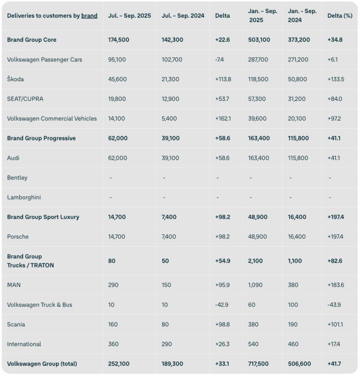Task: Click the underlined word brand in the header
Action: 89,16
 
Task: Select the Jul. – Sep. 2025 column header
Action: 129,16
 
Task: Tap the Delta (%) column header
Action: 340,16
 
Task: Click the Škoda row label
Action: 15,79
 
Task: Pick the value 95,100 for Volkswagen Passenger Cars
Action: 118,60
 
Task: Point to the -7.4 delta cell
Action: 220,60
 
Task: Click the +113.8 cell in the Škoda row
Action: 223,79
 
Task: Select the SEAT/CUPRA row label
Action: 25,99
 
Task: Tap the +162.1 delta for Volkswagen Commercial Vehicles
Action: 223,119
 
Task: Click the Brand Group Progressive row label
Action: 41,138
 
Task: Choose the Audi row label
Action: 14,158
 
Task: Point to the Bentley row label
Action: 17,178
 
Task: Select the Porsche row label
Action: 18,237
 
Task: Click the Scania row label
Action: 16,324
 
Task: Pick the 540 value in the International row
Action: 254,344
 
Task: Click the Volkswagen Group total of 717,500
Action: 260,364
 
